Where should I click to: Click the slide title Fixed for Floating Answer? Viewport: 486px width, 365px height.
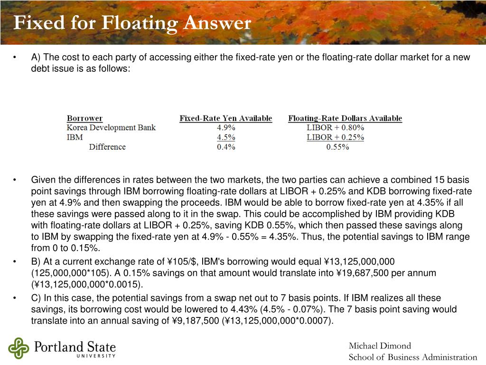pos(132,23)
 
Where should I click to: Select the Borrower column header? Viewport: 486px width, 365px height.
pos(84,118)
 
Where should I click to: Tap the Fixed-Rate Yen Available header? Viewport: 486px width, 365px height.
pos(225,118)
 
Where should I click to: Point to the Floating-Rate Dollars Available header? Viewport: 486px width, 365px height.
pos(345,118)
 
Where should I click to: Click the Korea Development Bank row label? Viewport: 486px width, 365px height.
pos(111,127)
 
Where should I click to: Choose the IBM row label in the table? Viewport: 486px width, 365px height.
pos(75,137)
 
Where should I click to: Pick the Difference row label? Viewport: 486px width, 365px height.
pos(107,147)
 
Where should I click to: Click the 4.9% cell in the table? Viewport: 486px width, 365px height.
pos(226,127)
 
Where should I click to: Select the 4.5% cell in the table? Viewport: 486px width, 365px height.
pos(226,137)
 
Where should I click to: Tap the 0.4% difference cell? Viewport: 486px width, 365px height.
pos(226,147)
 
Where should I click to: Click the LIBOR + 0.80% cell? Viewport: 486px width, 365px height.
pos(335,127)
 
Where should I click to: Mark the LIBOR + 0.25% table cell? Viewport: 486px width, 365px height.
pos(335,137)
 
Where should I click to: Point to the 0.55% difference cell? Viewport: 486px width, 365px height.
pos(337,147)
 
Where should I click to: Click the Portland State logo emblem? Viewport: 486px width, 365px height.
pos(19,348)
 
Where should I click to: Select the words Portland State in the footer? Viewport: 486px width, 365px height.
pos(75,346)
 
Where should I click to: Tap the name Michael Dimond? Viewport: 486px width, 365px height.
pos(380,346)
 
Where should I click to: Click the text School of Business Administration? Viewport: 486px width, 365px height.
pos(412,357)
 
